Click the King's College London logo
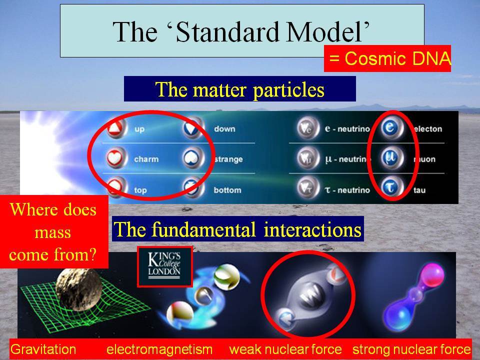[164, 266]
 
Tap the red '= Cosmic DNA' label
[387, 58]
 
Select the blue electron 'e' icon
[390, 128]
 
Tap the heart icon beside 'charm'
[115, 158]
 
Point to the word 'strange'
[228, 159]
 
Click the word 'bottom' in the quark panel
[227, 190]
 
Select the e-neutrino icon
[307, 128]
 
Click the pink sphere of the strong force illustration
[431, 275]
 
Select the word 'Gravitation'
[43, 349]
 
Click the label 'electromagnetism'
[159, 349]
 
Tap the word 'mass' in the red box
[52, 232]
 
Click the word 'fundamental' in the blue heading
[203, 229]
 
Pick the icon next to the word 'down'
[193, 128]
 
